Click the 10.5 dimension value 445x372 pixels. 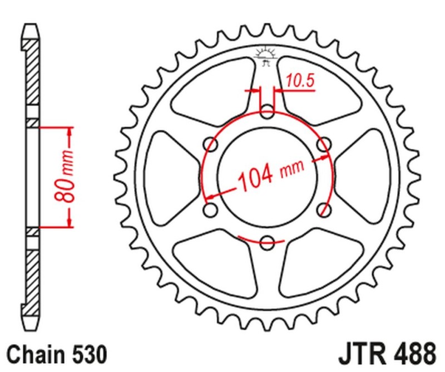tap(301, 81)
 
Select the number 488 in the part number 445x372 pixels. tap(415, 354)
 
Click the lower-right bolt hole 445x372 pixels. tap(323, 210)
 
